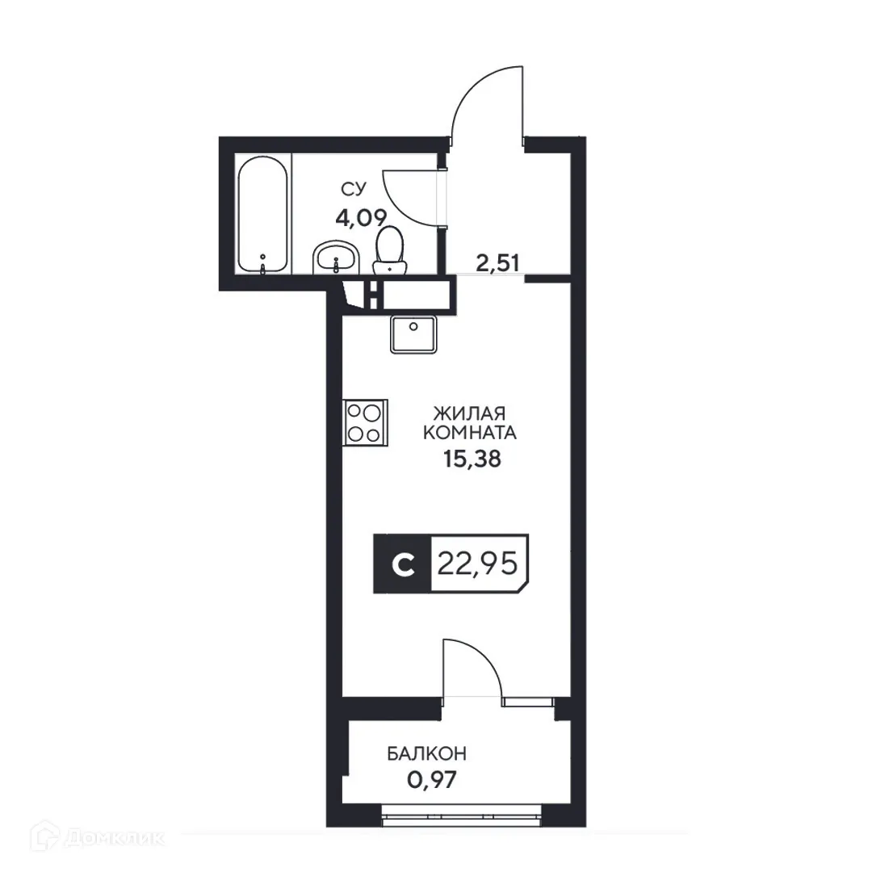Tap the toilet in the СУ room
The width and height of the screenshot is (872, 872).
pyautogui.click(x=390, y=248)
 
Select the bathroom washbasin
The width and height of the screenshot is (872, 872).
pyautogui.click(x=333, y=258)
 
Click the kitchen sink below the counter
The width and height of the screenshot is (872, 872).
pyautogui.click(x=413, y=333)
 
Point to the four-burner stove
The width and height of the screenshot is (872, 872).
pyautogui.click(x=364, y=422)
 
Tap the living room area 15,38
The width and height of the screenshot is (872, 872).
pyautogui.click(x=472, y=459)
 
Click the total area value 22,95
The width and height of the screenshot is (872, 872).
pyautogui.click(x=476, y=564)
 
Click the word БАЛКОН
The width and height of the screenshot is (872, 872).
pyautogui.click(x=426, y=754)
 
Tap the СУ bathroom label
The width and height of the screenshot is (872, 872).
pyautogui.click(x=353, y=190)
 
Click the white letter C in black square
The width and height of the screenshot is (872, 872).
pyautogui.click(x=401, y=564)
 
